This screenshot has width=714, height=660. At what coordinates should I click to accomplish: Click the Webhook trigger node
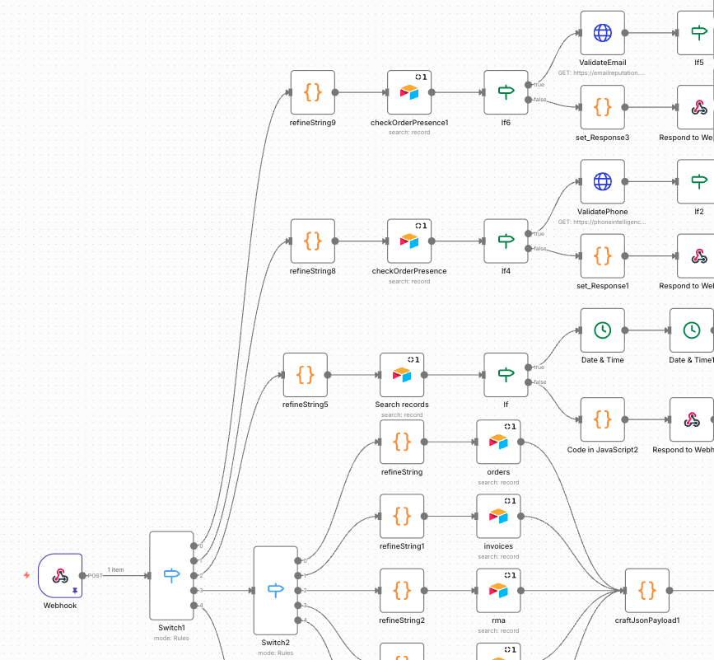pos(60,575)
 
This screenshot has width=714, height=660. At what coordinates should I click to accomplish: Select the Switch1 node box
pos(171,575)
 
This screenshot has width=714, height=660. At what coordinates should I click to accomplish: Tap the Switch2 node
pos(275,590)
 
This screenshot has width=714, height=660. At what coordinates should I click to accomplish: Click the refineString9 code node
pos(312,92)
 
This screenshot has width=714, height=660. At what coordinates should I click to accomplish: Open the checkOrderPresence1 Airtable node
pos(409,92)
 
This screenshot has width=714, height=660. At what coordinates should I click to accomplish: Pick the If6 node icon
pos(506,92)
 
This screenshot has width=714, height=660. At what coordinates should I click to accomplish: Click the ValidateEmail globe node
pos(602,33)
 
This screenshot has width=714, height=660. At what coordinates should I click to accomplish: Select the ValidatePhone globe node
pos(602,182)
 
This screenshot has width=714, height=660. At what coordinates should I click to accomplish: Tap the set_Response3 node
pos(602,107)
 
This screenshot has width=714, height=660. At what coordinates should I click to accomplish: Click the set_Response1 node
pos(602,256)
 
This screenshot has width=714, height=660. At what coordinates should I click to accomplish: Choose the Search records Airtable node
pos(402,375)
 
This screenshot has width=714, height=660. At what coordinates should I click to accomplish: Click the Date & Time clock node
pos(602,330)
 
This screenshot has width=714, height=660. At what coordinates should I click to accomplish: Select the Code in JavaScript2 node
pos(602,419)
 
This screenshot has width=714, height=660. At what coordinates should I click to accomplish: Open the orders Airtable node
pos(498,442)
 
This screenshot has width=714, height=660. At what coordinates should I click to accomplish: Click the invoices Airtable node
pos(498,517)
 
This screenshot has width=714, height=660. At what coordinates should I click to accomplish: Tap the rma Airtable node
pos(498,591)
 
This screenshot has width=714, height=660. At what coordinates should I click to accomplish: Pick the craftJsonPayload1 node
pos(646,591)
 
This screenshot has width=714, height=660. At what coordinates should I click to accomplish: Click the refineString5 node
pos(305,375)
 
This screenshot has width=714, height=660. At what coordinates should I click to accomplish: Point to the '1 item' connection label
pos(115,569)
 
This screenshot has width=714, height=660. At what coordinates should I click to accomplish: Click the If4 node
pos(506,241)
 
